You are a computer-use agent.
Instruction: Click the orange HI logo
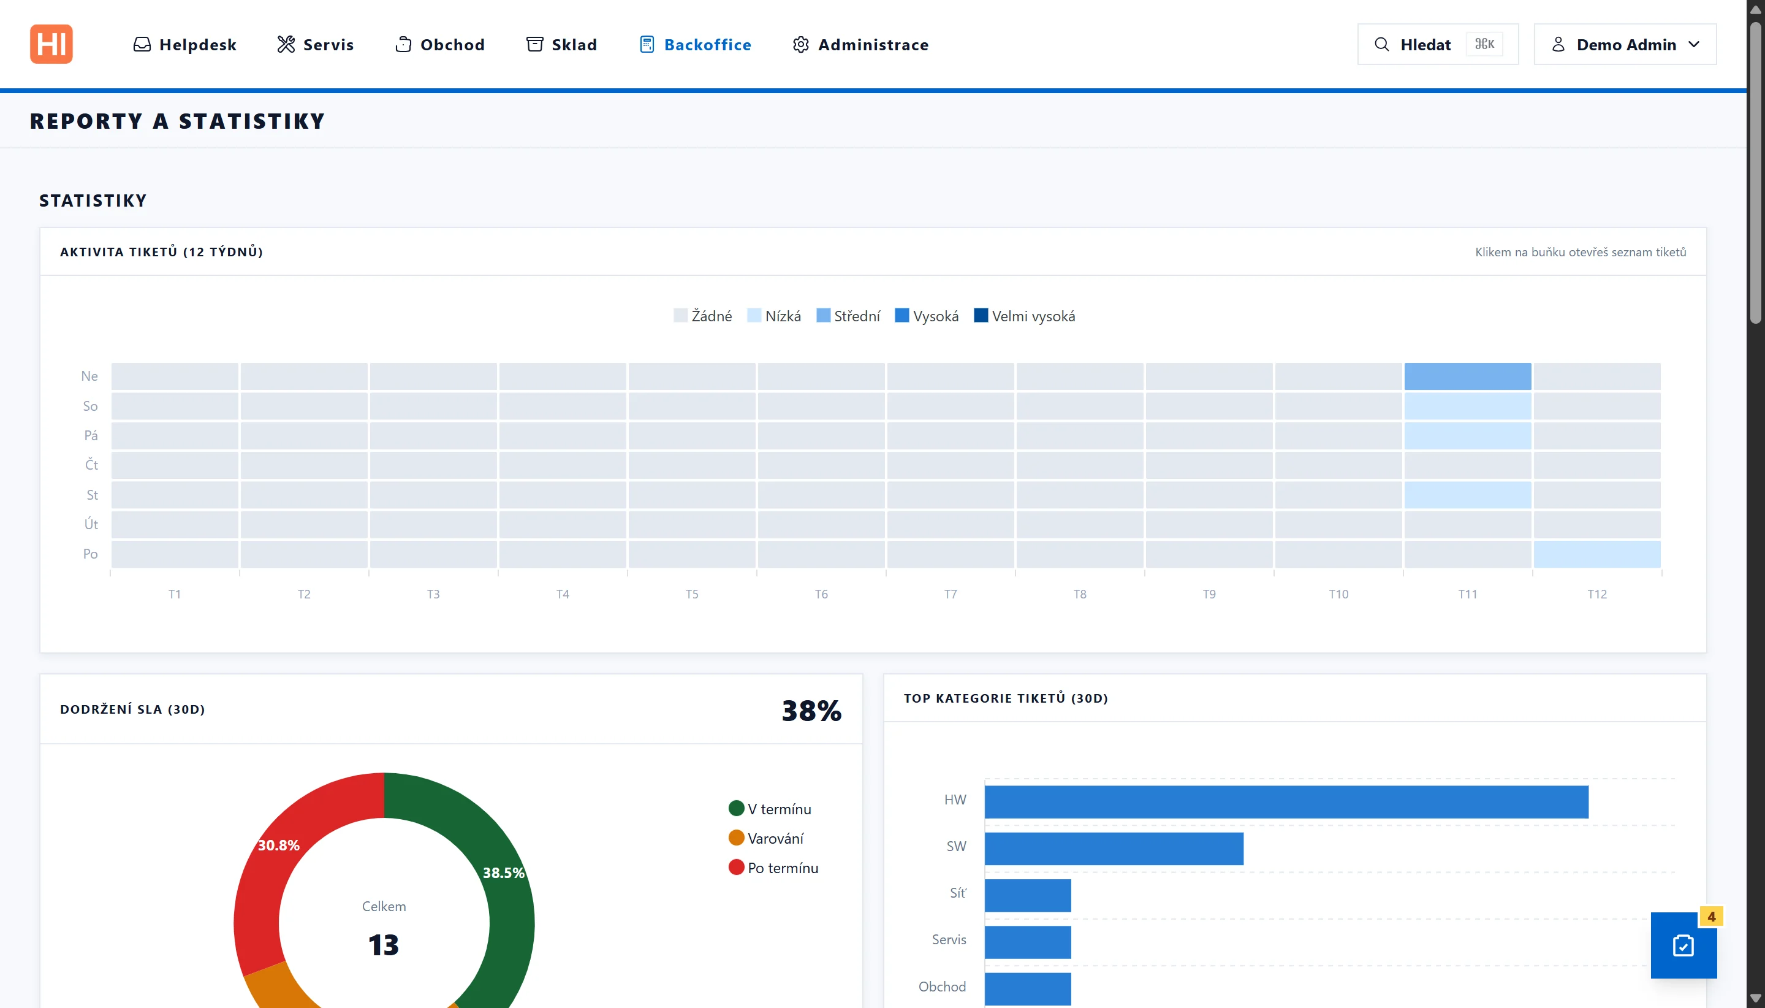click(51, 44)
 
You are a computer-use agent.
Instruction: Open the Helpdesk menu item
click(184, 45)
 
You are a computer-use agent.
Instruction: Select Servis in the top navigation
click(316, 45)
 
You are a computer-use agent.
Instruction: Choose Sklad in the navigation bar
click(561, 45)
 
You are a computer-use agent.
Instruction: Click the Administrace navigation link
click(860, 45)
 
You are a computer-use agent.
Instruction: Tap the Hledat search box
click(1438, 44)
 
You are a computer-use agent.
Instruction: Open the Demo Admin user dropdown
click(1625, 44)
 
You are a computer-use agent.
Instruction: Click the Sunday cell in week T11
click(1468, 376)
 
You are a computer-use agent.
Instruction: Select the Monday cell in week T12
click(1597, 554)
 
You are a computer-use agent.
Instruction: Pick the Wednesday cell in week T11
click(1468, 495)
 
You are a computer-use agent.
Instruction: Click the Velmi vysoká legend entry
click(1025, 316)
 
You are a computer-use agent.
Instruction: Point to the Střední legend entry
click(848, 316)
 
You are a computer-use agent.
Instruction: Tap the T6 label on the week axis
click(821, 595)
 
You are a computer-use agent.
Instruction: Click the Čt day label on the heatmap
click(91, 465)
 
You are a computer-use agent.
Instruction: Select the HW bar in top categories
click(1286, 802)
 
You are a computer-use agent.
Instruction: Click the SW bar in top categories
click(1114, 849)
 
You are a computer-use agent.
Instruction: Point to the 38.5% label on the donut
click(504, 873)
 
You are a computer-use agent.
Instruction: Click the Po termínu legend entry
click(773, 868)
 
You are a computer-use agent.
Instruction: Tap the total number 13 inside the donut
click(383, 945)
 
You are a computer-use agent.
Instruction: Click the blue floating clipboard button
click(1683, 945)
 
